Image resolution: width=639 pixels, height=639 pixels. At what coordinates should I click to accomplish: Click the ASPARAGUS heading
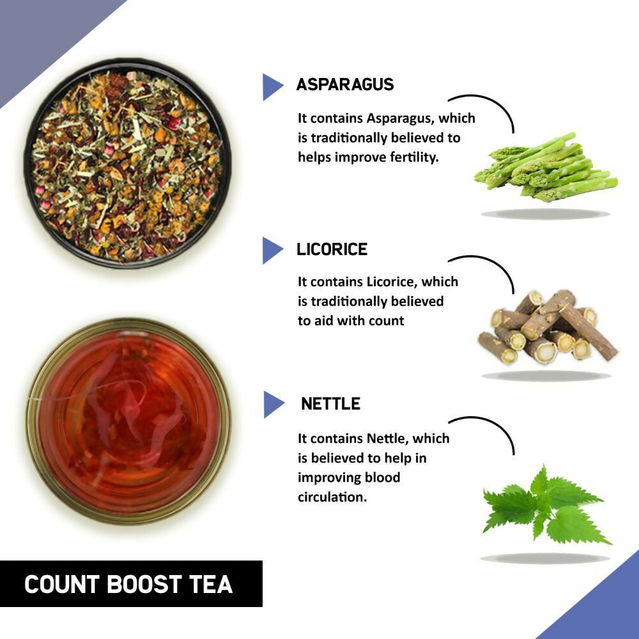(x=345, y=84)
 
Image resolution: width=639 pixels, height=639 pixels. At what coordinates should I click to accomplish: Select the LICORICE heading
(x=332, y=249)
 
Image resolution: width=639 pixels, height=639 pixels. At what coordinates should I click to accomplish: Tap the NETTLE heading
(x=330, y=404)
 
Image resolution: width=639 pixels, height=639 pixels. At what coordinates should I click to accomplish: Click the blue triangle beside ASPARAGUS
(x=272, y=87)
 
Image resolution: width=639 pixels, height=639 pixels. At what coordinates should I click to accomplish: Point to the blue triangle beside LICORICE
(x=272, y=250)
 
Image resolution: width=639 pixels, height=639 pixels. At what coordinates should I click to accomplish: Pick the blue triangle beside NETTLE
(x=273, y=404)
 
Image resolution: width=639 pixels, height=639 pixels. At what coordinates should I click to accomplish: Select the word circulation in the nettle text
(x=332, y=497)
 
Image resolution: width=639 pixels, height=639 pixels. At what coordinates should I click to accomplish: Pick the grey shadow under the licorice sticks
(x=546, y=376)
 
